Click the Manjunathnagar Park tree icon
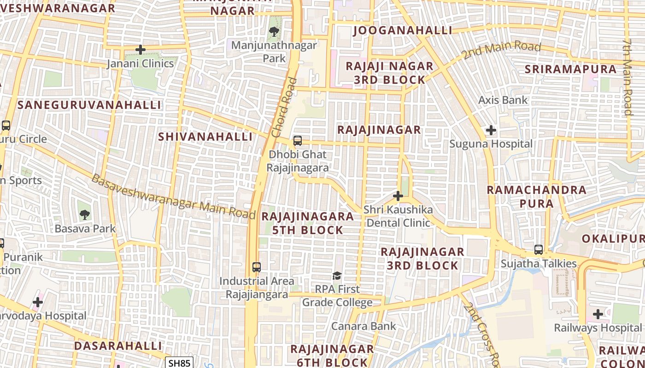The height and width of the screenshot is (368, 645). [x=274, y=32]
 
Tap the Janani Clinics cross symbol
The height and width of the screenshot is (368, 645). [x=141, y=49]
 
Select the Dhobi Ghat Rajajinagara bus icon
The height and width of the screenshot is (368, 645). [x=298, y=141]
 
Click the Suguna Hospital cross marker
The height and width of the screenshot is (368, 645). [x=491, y=130]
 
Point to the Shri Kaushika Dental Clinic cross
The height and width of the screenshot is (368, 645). [x=398, y=196]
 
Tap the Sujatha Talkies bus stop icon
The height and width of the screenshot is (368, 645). [x=539, y=250]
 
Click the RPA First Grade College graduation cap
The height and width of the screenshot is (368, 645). [x=337, y=276]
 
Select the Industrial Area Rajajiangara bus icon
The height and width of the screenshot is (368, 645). [x=257, y=267]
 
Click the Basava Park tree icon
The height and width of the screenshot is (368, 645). [x=85, y=214]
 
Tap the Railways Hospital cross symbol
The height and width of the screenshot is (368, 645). [x=598, y=314]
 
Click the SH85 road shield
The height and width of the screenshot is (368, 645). [x=179, y=363]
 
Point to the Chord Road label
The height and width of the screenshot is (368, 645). [x=284, y=108]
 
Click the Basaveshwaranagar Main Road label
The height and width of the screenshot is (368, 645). [x=173, y=197]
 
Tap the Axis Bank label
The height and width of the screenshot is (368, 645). [x=503, y=100]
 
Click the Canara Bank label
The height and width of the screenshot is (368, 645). [x=364, y=326]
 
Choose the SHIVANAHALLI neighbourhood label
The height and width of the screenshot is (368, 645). [x=205, y=137]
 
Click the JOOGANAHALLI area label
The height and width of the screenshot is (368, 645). [x=403, y=30]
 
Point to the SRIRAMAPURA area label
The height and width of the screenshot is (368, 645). [x=571, y=69]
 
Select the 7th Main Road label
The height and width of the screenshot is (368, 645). [x=627, y=76]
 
